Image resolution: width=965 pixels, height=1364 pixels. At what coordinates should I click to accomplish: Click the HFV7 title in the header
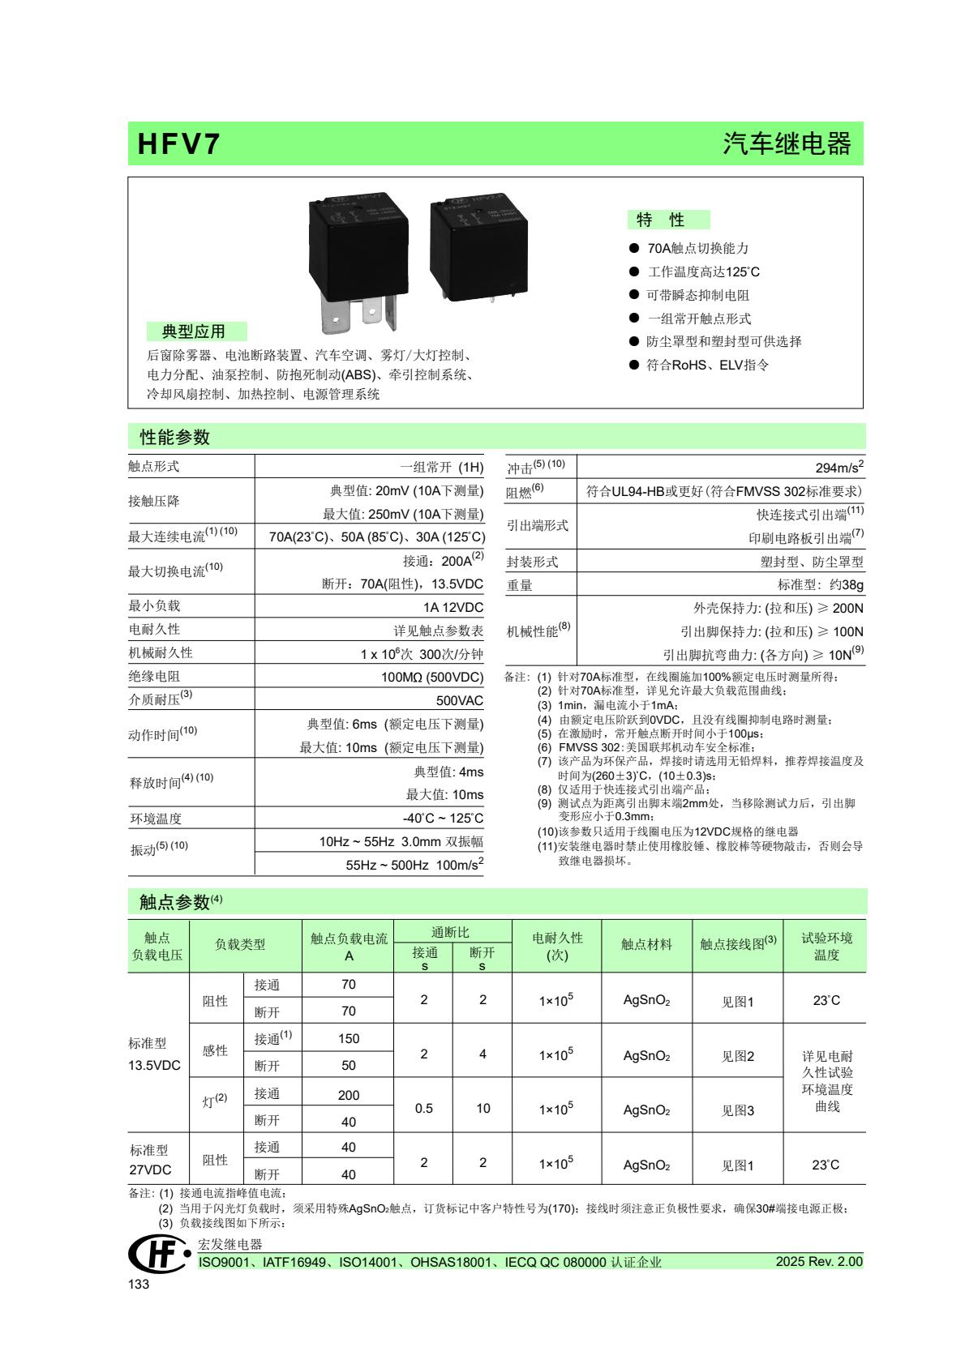click(x=179, y=144)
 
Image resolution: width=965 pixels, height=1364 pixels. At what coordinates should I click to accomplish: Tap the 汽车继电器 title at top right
click(x=787, y=144)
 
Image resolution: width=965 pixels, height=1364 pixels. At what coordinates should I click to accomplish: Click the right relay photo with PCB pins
click(x=478, y=246)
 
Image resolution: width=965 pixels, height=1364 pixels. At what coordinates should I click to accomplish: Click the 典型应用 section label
click(x=194, y=331)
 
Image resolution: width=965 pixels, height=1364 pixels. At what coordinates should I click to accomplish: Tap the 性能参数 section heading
click(x=174, y=438)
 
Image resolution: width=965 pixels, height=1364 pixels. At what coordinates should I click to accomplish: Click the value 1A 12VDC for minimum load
click(x=452, y=607)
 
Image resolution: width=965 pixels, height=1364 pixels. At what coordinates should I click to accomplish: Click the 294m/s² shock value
click(x=839, y=468)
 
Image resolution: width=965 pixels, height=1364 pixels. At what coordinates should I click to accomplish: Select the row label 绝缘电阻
click(x=154, y=676)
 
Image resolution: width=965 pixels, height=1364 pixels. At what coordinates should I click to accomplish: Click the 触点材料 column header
click(x=646, y=944)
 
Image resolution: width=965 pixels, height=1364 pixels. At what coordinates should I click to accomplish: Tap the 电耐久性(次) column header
click(x=556, y=946)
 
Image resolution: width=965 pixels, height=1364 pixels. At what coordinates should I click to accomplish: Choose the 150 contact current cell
click(x=349, y=1038)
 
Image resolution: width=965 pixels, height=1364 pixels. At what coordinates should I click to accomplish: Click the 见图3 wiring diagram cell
click(x=738, y=1110)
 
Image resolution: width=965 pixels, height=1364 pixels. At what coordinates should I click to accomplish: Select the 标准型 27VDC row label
click(x=151, y=1160)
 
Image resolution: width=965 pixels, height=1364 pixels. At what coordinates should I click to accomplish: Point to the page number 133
click(x=139, y=1285)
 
